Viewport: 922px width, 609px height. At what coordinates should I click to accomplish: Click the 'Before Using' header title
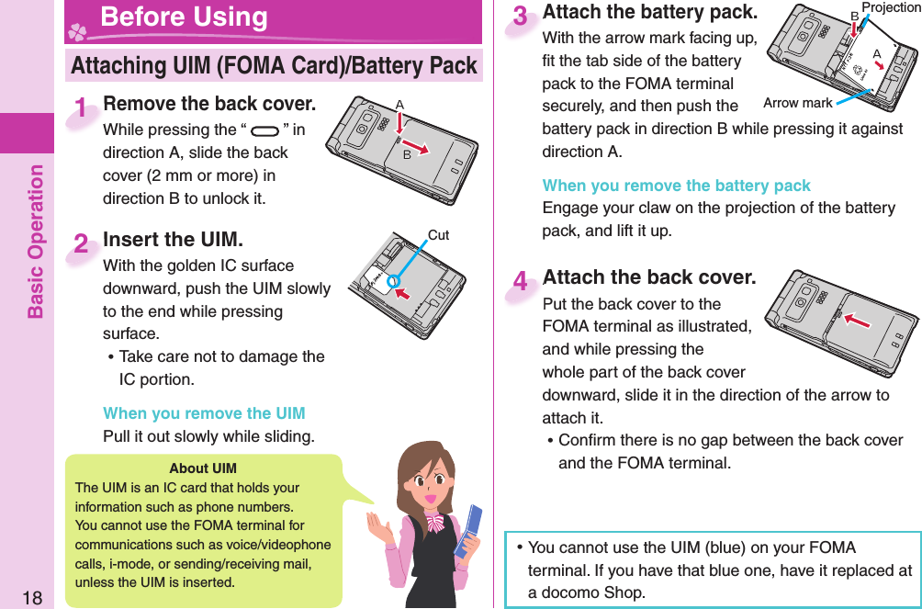[x=184, y=17]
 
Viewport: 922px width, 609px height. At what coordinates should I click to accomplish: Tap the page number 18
[x=31, y=598]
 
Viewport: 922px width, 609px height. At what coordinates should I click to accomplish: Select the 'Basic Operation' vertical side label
[x=36, y=241]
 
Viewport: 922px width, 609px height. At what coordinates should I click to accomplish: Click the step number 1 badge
[x=84, y=109]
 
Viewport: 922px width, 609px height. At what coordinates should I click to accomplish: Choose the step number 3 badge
[x=522, y=17]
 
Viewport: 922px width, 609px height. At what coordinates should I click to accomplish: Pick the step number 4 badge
[x=522, y=282]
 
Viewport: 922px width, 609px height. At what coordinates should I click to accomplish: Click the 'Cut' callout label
[x=438, y=236]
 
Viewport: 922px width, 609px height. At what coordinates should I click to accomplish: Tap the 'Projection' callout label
[x=890, y=8]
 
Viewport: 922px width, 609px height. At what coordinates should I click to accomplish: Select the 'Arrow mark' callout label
[x=797, y=103]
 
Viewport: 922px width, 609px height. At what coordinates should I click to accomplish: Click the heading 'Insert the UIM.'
[x=174, y=240]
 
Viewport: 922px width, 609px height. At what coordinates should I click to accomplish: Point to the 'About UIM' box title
[x=203, y=468]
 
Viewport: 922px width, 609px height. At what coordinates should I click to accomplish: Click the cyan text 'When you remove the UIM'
[x=204, y=413]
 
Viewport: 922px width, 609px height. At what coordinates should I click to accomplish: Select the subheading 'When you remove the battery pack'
[x=676, y=186]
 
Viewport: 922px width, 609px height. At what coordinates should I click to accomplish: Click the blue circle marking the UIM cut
[x=392, y=280]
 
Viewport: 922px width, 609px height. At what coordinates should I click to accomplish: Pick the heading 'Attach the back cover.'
[x=649, y=276]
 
